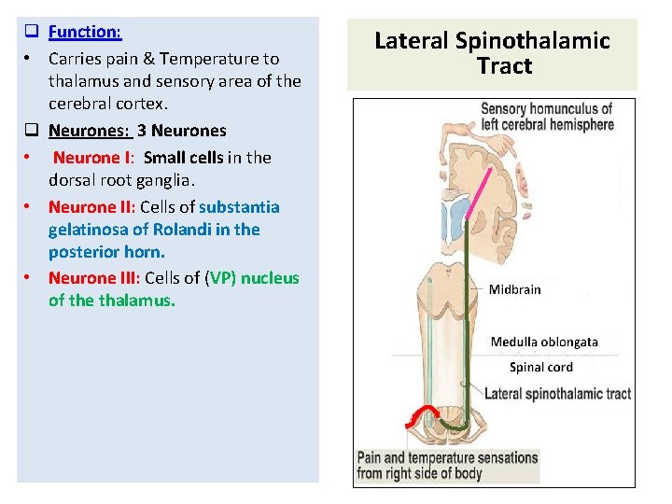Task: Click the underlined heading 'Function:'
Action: [x=85, y=32]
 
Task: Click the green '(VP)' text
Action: [x=222, y=277]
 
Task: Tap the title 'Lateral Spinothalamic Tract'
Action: [x=492, y=53]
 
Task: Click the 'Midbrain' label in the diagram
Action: [x=514, y=289]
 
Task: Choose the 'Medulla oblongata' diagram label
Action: [x=544, y=342]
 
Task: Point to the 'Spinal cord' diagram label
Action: [x=540, y=367]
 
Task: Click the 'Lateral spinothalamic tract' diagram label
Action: [x=557, y=393]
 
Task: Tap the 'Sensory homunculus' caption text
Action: [x=546, y=109]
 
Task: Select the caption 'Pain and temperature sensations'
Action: [x=447, y=457]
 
